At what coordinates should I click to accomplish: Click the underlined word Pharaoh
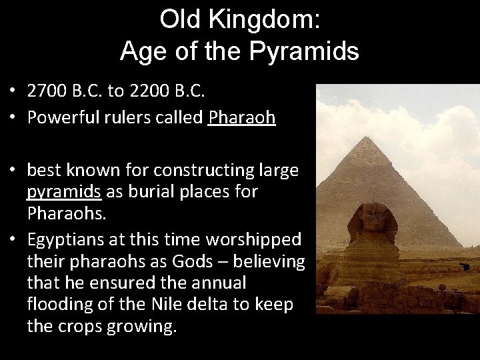tap(241, 118)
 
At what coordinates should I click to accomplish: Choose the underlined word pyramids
tap(64, 192)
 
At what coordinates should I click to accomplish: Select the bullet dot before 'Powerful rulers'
tap(13, 119)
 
